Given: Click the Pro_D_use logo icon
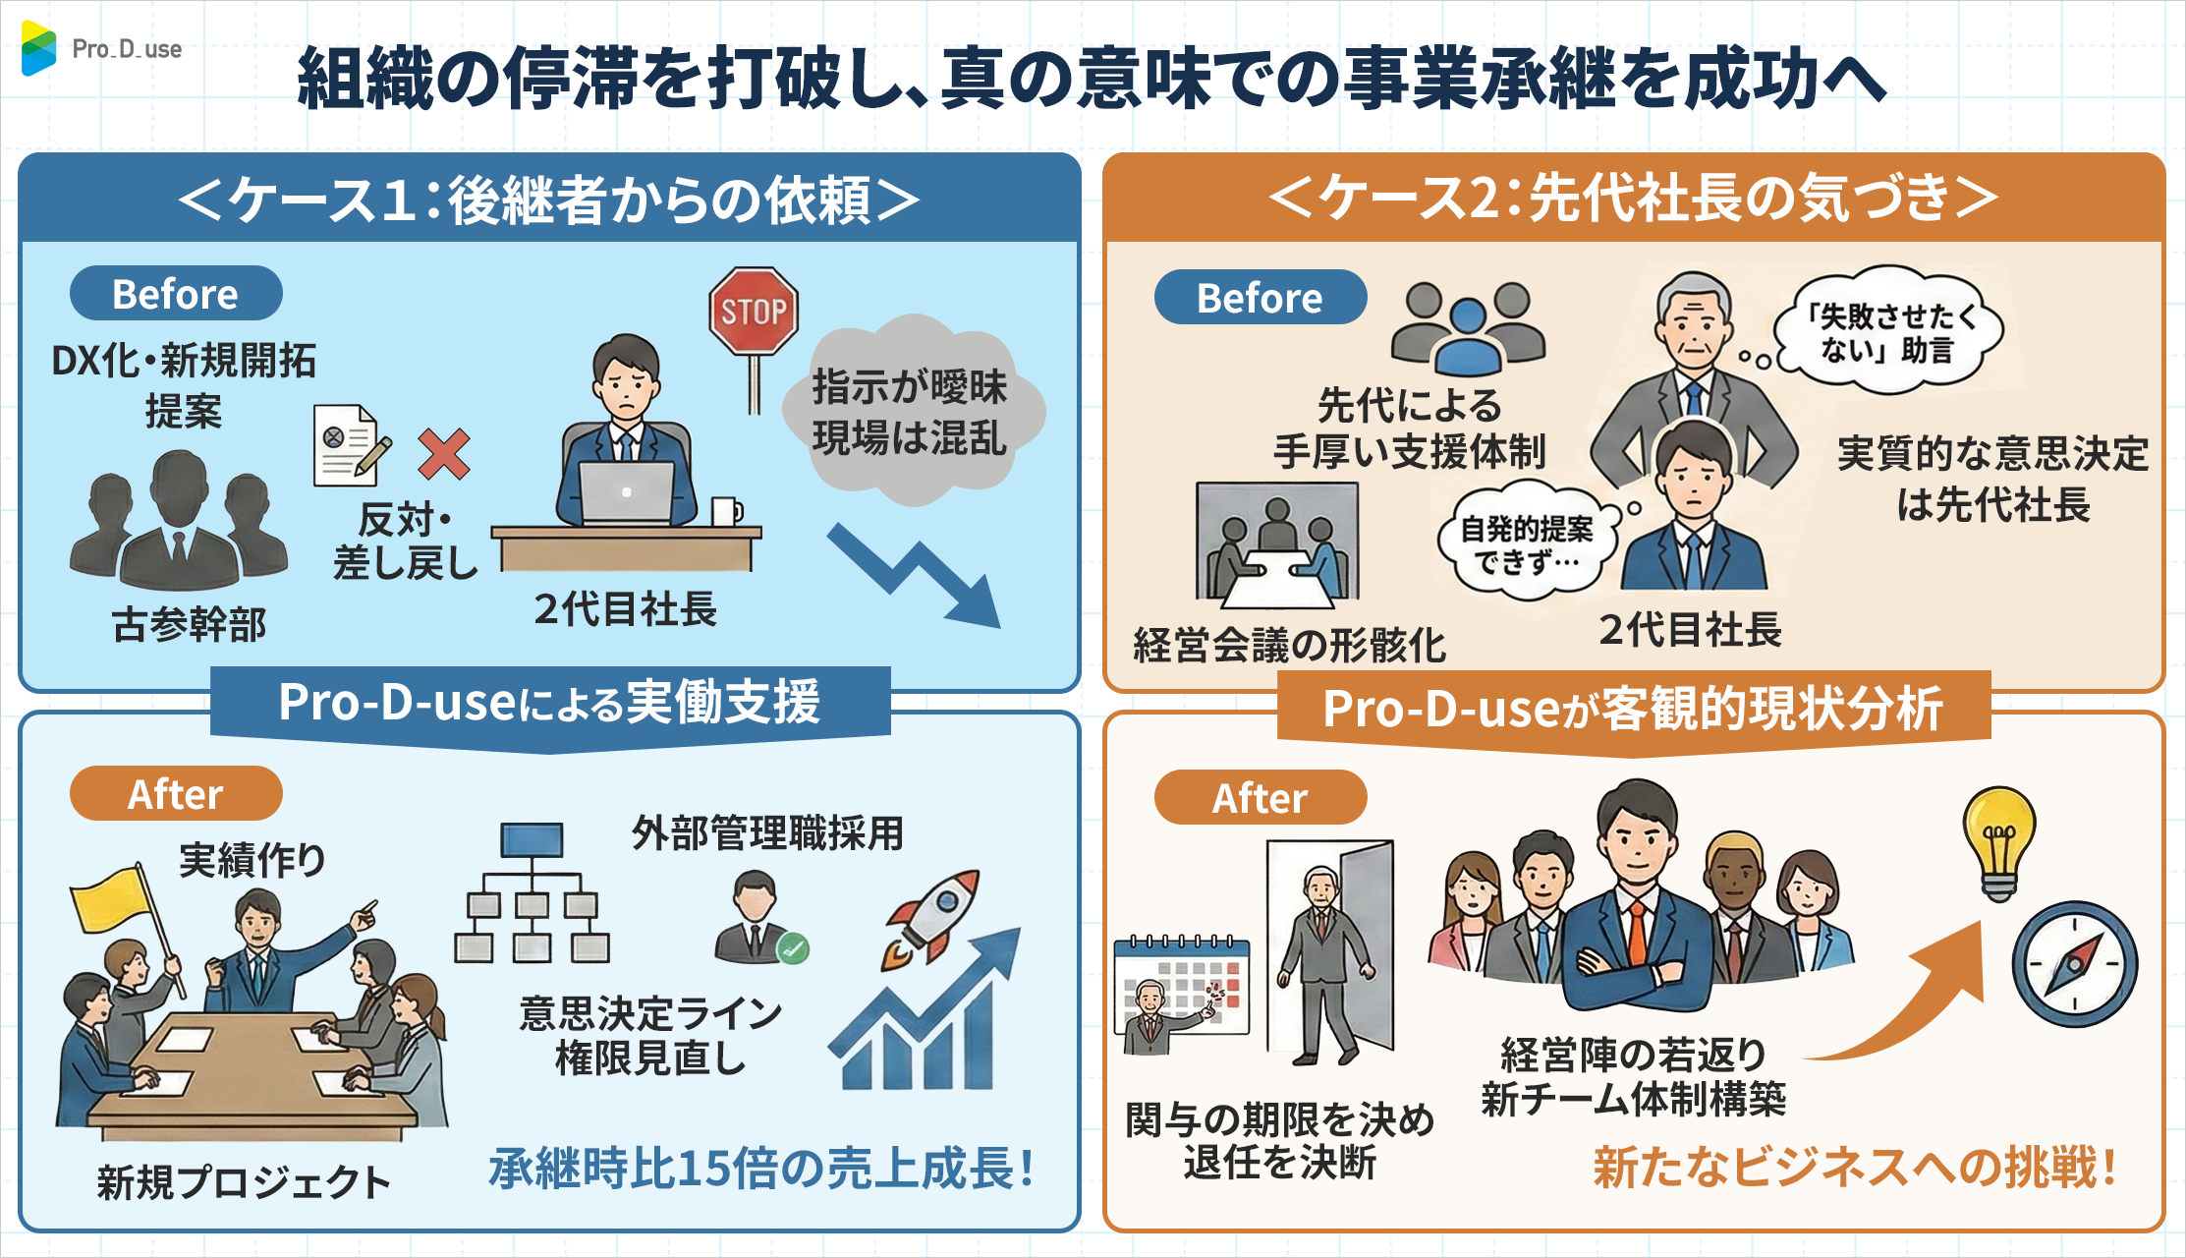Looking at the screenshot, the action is tap(39, 48).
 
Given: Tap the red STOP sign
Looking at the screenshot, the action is tap(754, 312).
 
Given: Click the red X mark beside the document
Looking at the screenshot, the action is tap(443, 453).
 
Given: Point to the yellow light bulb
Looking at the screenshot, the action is tap(1998, 840).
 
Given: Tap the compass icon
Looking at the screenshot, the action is tap(2074, 963).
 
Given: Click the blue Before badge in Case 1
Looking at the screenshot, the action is tap(176, 294).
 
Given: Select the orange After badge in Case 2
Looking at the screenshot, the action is tap(1261, 798).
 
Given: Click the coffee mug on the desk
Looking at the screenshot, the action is tap(725, 511).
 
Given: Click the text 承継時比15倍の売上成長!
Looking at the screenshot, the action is tap(761, 1169).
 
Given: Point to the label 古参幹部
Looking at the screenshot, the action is tap(189, 625).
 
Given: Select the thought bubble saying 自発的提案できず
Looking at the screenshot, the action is tap(1526, 543).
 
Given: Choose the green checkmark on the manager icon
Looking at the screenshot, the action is tap(792, 948).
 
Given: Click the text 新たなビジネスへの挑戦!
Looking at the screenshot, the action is tap(1854, 1169).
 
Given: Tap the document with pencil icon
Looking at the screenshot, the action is tap(349, 445).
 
